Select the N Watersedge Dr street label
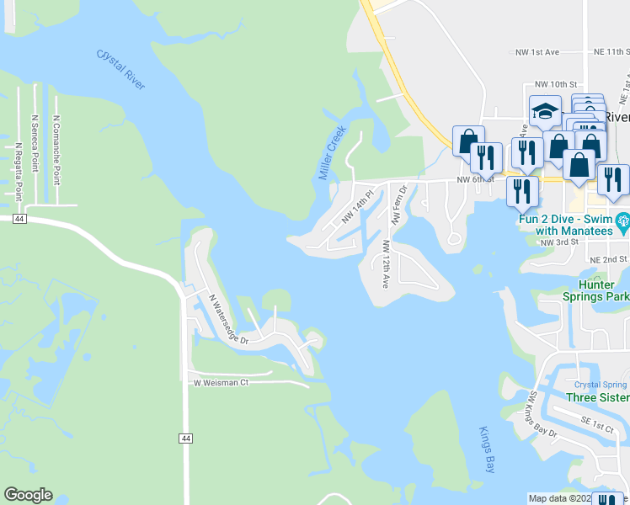[x=228, y=320]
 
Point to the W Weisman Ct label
[x=222, y=382]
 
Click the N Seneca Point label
[x=35, y=143]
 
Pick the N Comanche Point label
[x=56, y=143]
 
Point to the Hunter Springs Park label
[x=595, y=291]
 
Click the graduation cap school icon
[x=545, y=110]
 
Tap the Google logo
[x=28, y=495]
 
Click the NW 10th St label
[x=556, y=85]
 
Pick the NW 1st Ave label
[x=537, y=52]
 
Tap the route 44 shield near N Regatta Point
[x=19, y=219]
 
